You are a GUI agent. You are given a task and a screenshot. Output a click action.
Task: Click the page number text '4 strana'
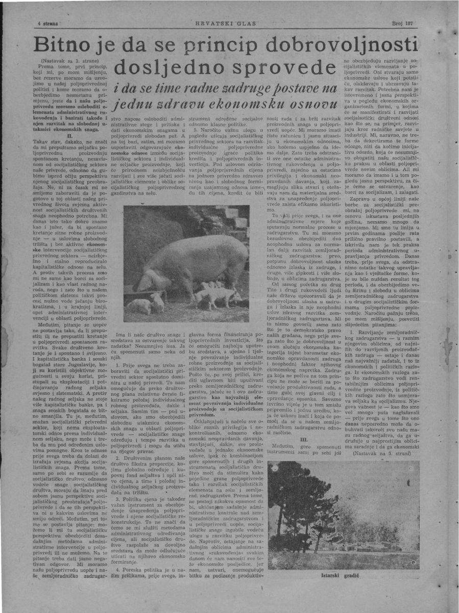[49, 24]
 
